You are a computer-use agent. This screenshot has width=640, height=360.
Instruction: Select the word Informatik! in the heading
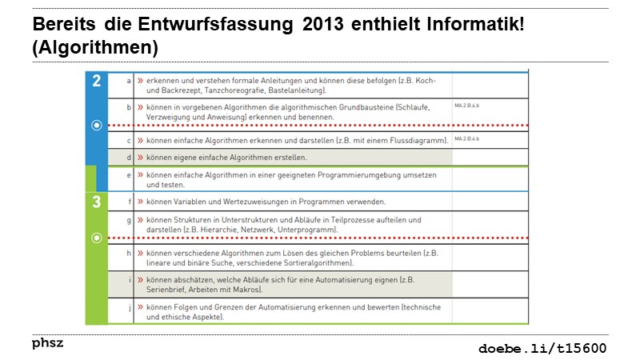[x=478, y=25]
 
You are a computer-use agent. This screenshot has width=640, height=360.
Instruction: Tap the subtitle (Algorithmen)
[x=95, y=48]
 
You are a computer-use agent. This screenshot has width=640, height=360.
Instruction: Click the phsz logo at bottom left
[x=47, y=343]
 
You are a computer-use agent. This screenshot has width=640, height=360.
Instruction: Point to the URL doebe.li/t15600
[x=542, y=348]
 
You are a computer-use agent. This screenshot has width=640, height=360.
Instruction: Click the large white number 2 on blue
[x=97, y=81]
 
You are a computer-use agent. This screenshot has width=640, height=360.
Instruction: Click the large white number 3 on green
[x=97, y=202]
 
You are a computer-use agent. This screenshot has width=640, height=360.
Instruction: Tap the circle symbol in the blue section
[x=97, y=126]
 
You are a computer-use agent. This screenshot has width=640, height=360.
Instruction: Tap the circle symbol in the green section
[x=97, y=238]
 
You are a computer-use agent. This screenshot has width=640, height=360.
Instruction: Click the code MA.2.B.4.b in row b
[x=466, y=105]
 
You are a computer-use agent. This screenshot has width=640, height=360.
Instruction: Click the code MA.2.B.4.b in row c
[x=466, y=139]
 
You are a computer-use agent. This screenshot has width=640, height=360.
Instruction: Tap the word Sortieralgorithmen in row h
[x=315, y=262]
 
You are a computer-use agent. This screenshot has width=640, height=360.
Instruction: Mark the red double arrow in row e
[x=140, y=174]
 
